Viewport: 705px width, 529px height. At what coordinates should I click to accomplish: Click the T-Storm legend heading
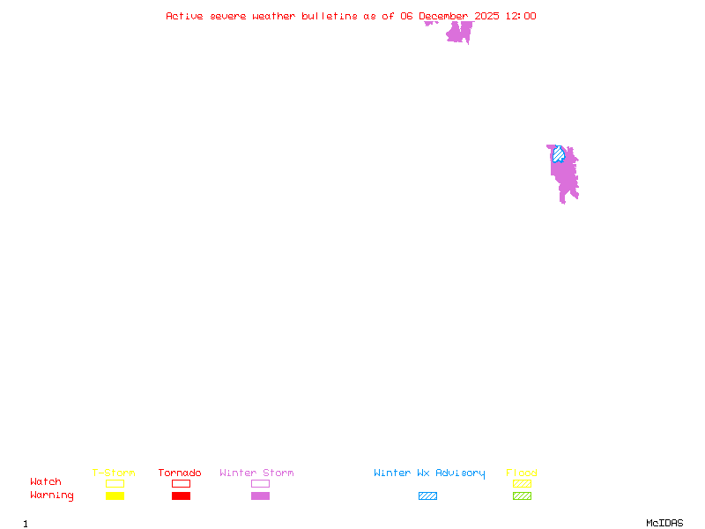pyautogui.click(x=114, y=473)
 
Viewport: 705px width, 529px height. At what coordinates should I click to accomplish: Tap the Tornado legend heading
pyautogui.click(x=180, y=473)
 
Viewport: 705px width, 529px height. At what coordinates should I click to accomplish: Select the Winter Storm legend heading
pyautogui.click(x=256, y=473)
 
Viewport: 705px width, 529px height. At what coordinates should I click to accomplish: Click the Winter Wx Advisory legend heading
pyautogui.click(x=429, y=473)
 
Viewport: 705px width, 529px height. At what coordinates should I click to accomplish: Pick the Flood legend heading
pyautogui.click(x=522, y=473)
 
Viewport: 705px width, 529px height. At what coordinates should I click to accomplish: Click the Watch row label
pyautogui.click(x=46, y=482)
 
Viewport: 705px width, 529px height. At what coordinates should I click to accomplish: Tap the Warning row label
pyautogui.click(x=52, y=495)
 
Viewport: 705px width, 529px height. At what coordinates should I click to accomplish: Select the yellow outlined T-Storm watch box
pyautogui.click(x=115, y=483)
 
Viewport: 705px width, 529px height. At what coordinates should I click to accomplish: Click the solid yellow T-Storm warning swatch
pyautogui.click(x=115, y=495)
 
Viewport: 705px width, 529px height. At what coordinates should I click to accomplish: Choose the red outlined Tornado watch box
pyautogui.click(x=181, y=483)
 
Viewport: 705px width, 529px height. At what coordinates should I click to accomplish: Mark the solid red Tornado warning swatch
pyautogui.click(x=181, y=495)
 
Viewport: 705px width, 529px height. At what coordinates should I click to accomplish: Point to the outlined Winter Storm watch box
pyautogui.click(x=260, y=483)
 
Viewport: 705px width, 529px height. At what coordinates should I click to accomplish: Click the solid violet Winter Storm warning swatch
pyautogui.click(x=260, y=495)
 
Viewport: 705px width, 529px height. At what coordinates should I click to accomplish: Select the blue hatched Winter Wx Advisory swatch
pyautogui.click(x=427, y=495)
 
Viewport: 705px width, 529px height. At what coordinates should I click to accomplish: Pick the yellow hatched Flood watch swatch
pyautogui.click(x=522, y=483)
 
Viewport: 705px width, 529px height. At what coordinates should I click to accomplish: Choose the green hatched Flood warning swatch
pyautogui.click(x=522, y=495)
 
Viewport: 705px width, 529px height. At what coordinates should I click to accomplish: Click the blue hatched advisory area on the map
pyautogui.click(x=558, y=155)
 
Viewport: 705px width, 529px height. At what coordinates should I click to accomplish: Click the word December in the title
pyautogui.click(x=444, y=16)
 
